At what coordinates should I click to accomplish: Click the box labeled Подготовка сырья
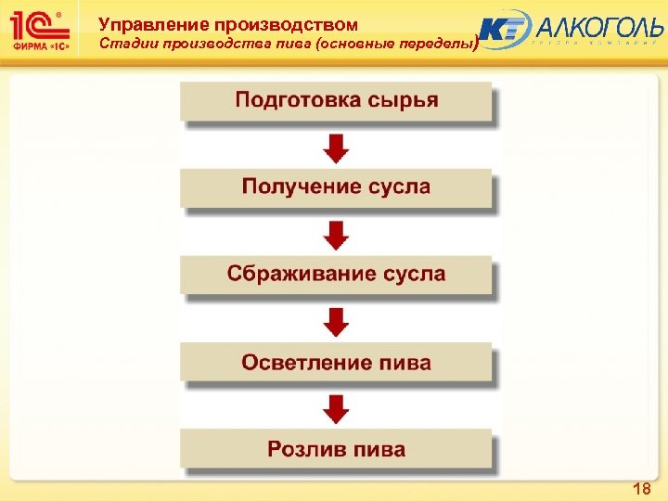click(x=335, y=101)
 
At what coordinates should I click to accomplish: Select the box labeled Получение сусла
click(x=335, y=187)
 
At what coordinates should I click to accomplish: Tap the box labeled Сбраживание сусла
click(x=335, y=275)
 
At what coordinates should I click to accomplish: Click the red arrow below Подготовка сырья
click(x=336, y=146)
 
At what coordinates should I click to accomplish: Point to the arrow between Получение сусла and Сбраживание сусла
click(x=336, y=233)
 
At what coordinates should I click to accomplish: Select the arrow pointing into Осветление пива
click(x=336, y=320)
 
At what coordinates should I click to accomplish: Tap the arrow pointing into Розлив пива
click(x=336, y=407)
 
